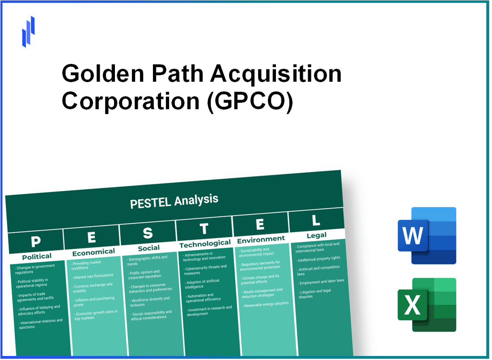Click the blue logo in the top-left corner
(x=29, y=31)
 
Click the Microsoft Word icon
(x=427, y=235)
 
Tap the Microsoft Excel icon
(x=427, y=305)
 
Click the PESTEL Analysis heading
(x=174, y=201)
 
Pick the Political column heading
(x=37, y=256)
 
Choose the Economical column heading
(x=93, y=252)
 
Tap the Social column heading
(x=149, y=247)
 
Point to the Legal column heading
(x=316, y=235)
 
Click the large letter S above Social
(x=148, y=233)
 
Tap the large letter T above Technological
(x=204, y=229)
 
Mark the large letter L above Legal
(x=315, y=220)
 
